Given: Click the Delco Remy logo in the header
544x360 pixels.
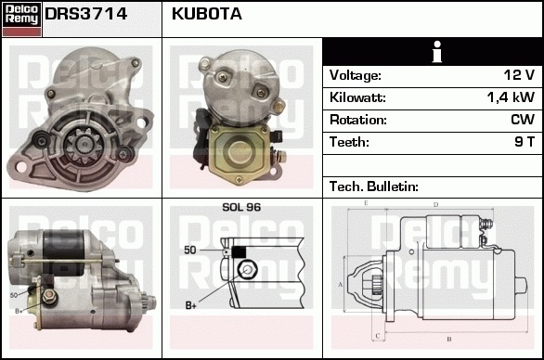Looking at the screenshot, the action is tap(21, 19).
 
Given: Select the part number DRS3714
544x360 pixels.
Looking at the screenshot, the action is tap(86, 14).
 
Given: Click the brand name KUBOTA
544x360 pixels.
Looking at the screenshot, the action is tap(207, 14).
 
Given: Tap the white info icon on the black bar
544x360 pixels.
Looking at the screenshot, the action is tap(437, 52).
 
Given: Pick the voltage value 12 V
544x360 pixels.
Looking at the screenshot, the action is tap(519, 75).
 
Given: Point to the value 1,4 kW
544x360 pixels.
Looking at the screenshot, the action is tap(511, 97).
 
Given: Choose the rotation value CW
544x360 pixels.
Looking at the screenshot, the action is tap(523, 120).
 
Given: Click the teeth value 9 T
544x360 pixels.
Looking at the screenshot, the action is tap(525, 142).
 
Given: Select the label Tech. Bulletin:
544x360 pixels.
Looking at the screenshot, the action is tap(374, 186).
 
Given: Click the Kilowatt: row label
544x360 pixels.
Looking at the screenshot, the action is tap(357, 97).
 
